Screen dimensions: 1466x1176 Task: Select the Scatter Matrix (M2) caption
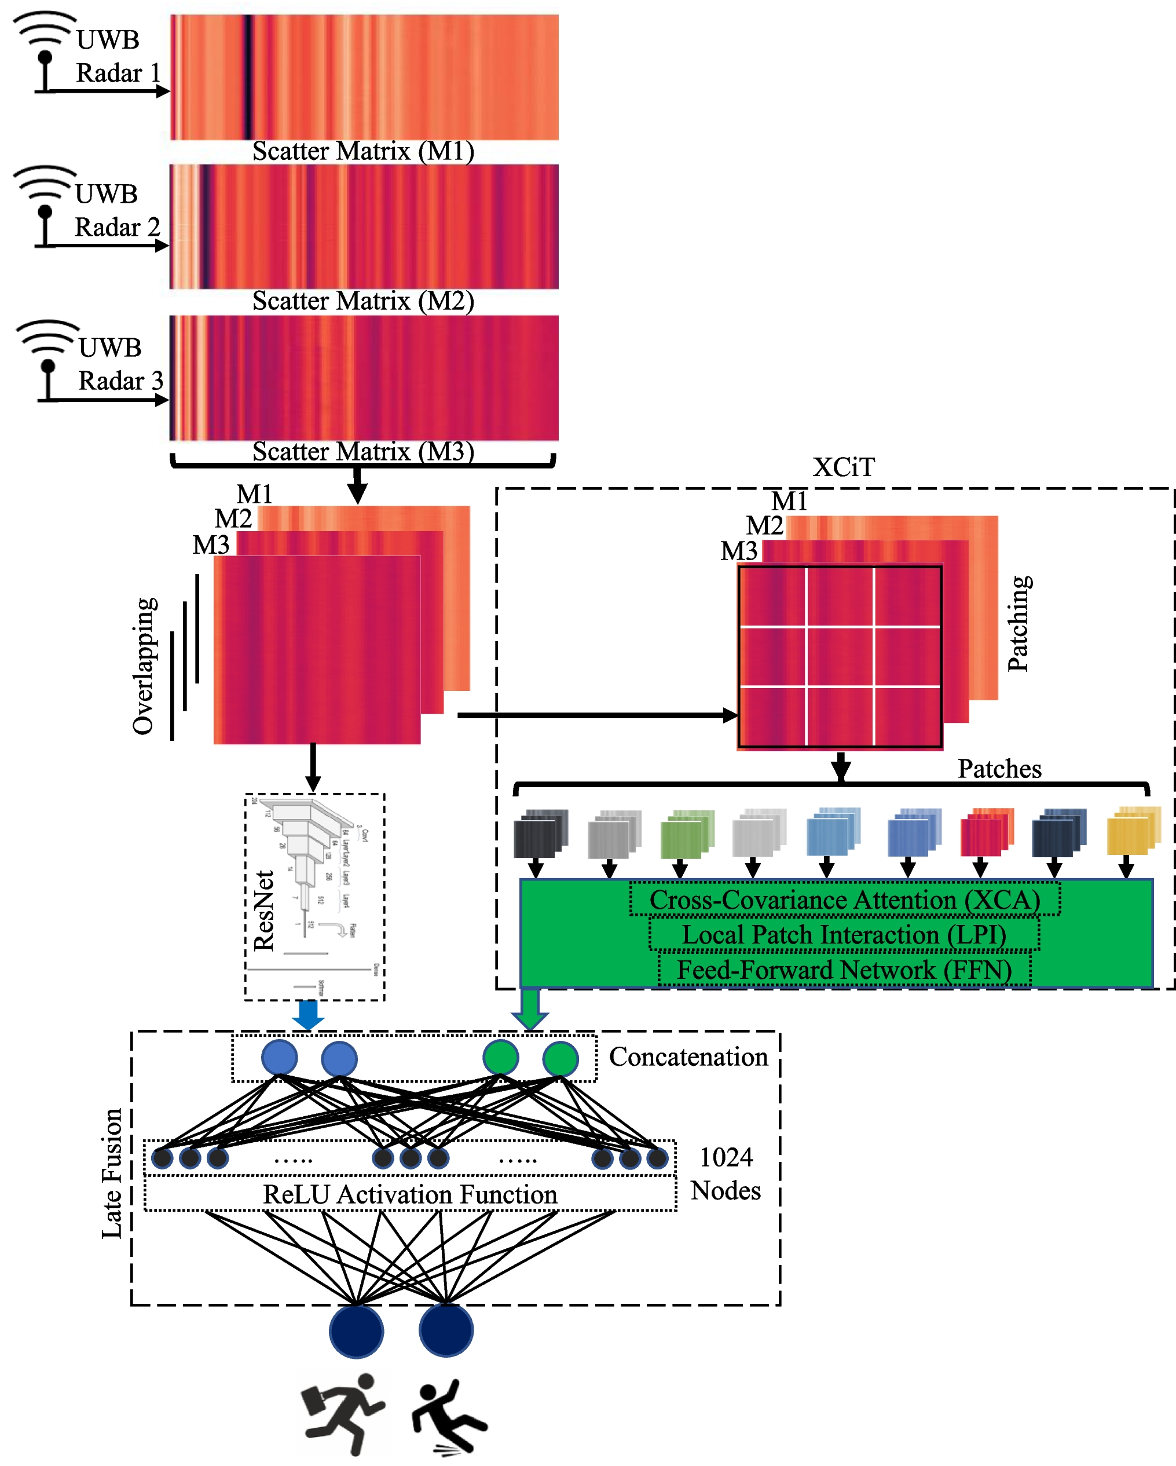(363, 301)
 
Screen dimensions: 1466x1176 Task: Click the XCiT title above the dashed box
(844, 467)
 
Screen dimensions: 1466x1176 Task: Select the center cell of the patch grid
(840, 657)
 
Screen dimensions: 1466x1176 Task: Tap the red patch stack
(985, 832)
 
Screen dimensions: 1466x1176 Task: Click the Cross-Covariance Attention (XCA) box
(844, 900)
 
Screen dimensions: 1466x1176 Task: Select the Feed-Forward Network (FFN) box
(844, 970)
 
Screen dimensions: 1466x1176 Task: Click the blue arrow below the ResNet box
(308, 1015)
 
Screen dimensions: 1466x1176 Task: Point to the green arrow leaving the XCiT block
(530, 1008)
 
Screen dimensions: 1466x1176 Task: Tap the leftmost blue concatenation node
(280, 1058)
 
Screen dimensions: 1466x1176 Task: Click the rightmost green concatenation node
(560, 1059)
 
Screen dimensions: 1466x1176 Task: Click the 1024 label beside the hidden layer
(726, 1157)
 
